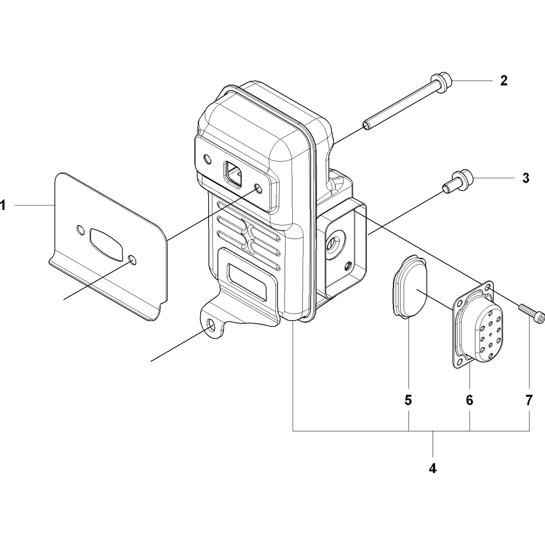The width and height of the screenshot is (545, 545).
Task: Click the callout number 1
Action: pos(3,205)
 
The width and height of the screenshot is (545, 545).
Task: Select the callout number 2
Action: pos(504,81)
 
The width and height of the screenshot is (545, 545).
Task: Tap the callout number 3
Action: pos(525,178)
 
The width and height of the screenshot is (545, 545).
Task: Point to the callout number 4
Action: pos(432,468)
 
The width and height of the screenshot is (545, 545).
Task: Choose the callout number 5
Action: pos(408,401)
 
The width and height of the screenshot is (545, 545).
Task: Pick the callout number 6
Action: pos(469,401)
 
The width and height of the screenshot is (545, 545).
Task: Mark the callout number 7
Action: pos(529,401)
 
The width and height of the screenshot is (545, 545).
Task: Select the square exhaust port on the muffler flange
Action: pos(233,174)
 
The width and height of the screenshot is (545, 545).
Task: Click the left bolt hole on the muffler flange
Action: pos(207,159)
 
